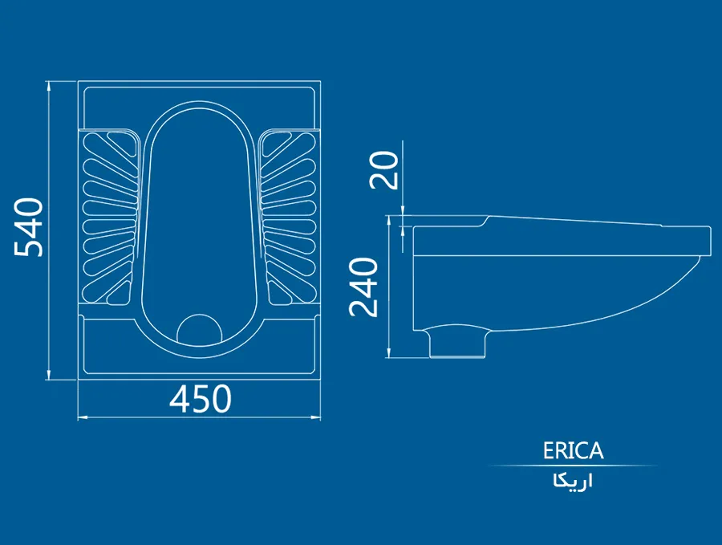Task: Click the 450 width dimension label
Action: [200, 399]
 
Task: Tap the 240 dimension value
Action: [366, 287]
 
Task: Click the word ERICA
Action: [573, 451]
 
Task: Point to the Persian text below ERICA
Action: [573, 482]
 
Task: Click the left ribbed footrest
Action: [109, 218]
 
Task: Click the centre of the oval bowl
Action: [200, 217]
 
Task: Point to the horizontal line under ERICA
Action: [573, 466]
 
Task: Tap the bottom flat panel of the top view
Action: [200, 360]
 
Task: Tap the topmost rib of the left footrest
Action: [112, 144]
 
